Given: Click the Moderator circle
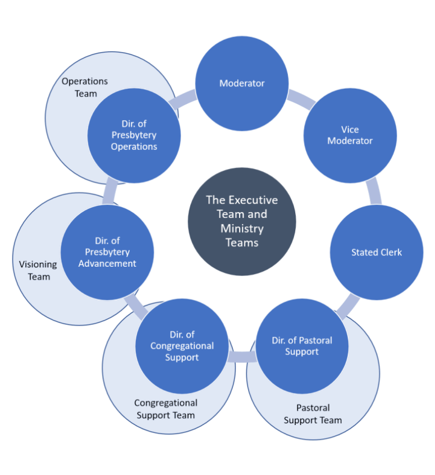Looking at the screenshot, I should coord(241,83).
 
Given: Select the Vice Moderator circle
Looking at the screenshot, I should coord(350,135).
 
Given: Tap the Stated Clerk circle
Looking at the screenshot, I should coord(377,253).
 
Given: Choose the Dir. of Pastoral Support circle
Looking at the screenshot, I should coord(302,346).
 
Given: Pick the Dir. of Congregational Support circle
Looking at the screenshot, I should coord(182,346).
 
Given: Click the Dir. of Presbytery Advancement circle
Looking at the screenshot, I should coord(107,253).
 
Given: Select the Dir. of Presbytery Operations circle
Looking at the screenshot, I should coord(134,135).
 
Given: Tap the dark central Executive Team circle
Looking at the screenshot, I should coord(242,221).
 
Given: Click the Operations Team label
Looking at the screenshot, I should coord(85,88).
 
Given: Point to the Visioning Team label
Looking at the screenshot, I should coord(38,270).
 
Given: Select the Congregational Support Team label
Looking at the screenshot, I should coord(166,409).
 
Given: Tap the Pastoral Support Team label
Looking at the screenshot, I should coord(313,414).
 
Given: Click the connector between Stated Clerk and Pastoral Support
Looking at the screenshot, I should coord(347,306).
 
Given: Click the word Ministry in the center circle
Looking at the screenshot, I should coord(241,229).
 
